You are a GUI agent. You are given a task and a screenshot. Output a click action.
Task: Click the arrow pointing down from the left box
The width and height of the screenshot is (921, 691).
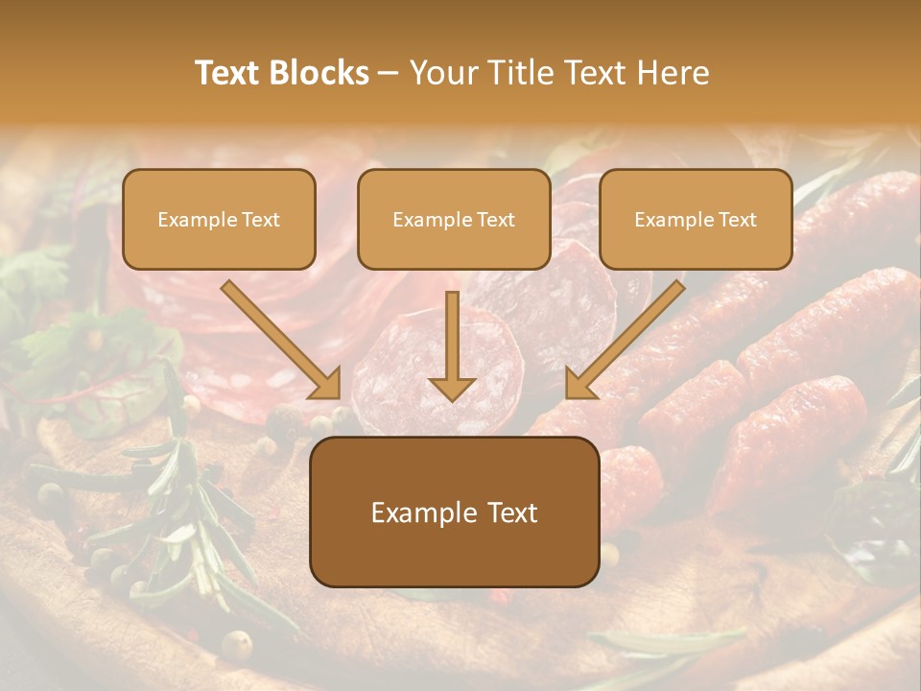281,340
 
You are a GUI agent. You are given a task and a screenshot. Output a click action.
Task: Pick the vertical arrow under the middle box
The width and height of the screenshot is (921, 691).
452,341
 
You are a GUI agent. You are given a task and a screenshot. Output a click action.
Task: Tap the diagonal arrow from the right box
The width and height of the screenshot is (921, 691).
625,340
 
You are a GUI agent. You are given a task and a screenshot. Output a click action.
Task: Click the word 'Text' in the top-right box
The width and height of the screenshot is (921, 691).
737,220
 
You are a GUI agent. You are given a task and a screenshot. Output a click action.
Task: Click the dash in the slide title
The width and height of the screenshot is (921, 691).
390,73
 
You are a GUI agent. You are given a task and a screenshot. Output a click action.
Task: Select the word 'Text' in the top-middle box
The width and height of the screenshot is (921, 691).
495,220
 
